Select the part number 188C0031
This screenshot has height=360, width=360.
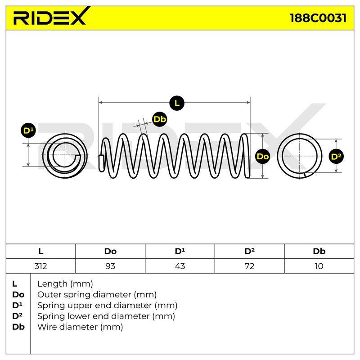point(318,18)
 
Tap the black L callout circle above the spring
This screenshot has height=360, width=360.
point(177,103)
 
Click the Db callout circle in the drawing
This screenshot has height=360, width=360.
point(160,119)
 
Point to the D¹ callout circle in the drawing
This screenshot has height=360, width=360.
point(28,130)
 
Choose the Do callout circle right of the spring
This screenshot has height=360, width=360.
point(263,156)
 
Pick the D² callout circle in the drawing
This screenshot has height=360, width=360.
point(336,157)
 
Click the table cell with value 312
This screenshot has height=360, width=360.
point(40,266)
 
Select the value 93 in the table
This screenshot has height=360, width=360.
point(110,266)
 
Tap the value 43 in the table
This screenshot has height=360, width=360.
point(180,266)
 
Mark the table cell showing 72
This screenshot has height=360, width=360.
point(250,266)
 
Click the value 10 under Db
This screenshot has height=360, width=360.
point(319,266)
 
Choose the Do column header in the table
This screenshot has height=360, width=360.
point(110,252)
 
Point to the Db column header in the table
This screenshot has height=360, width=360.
point(319,252)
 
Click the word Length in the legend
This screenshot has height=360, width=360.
point(52,284)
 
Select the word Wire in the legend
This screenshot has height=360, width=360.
point(46,327)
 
